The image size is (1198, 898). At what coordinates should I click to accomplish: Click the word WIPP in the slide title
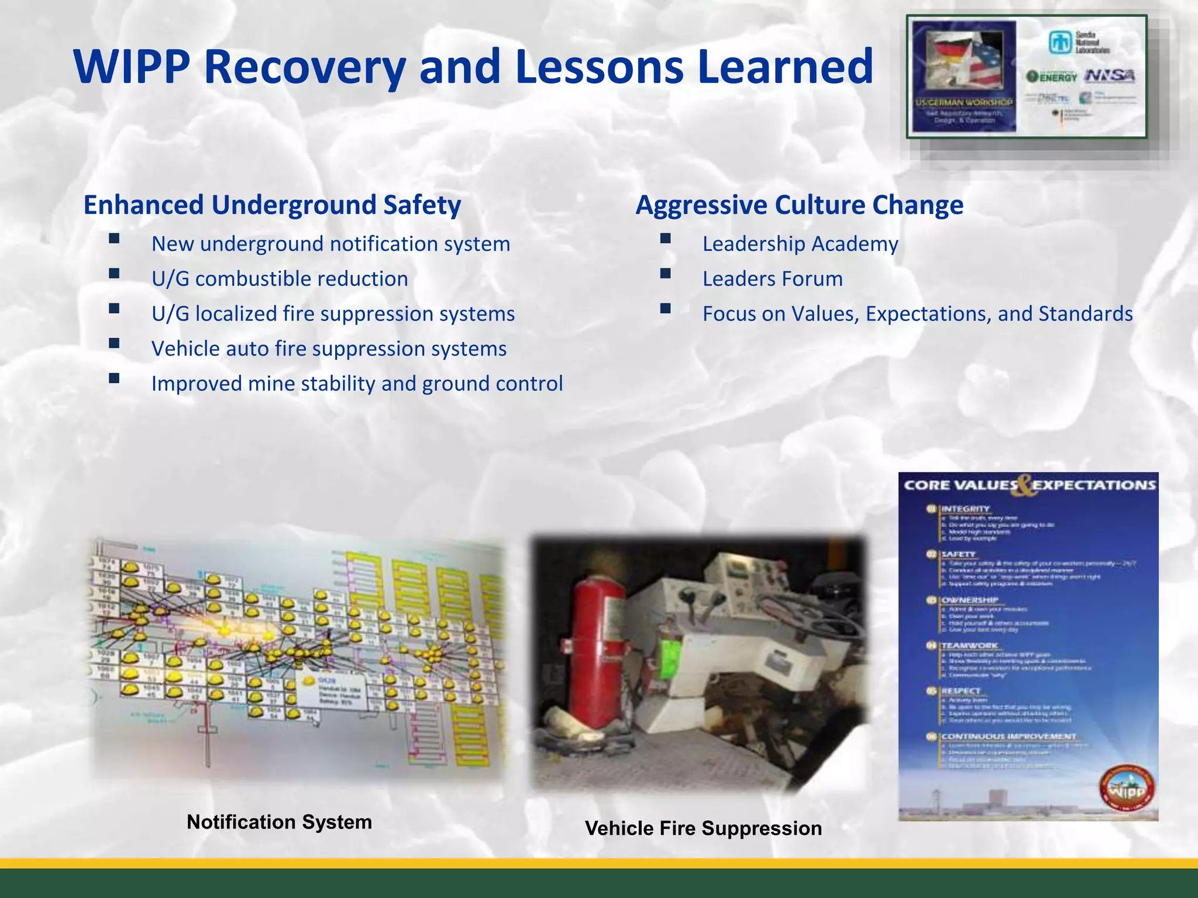coord(132,67)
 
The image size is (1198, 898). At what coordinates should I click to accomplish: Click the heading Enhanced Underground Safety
coord(272,205)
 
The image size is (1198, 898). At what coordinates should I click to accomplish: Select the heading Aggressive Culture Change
coord(799,205)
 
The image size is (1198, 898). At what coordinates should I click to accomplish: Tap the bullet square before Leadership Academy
coord(665,239)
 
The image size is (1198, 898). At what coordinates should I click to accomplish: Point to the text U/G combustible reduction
coord(280,279)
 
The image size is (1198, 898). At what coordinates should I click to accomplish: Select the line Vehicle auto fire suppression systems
coord(329,349)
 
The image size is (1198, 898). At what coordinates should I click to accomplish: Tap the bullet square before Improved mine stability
coord(114,378)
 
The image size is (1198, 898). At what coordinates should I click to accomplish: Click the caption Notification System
coord(279,822)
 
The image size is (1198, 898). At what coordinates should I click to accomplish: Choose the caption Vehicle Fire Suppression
coord(703,828)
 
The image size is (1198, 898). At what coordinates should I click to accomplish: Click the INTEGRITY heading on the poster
coord(965,509)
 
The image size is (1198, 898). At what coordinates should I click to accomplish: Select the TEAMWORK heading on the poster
coord(969,645)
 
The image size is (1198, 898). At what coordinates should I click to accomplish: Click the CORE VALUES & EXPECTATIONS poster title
coord(1030,485)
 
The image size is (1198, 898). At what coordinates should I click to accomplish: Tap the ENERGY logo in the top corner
coord(1052,77)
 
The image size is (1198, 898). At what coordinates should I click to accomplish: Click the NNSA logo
coord(1110,76)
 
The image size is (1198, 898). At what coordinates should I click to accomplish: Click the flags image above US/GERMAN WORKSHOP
coord(964,61)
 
